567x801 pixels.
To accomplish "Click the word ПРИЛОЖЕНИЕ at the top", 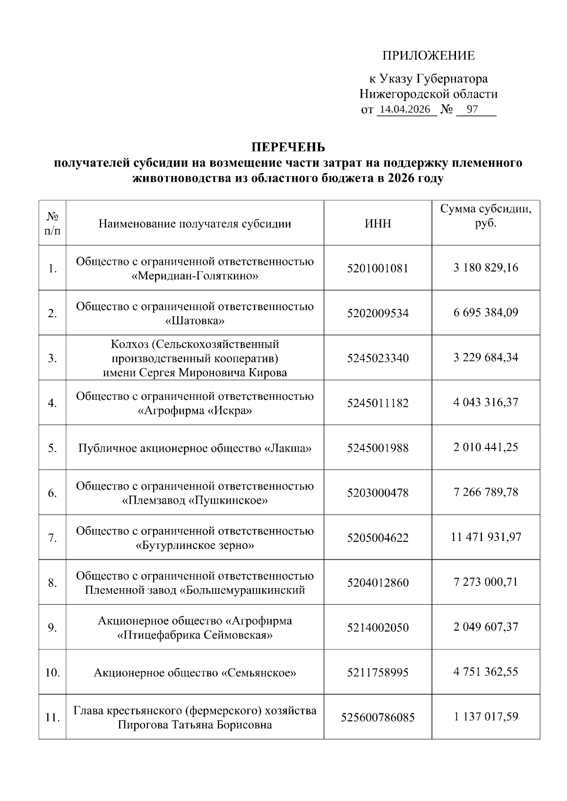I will (428, 56).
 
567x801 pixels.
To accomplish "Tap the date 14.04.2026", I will (405, 110).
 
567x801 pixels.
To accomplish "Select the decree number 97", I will (472, 110).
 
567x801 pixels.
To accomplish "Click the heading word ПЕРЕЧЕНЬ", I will (288, 147).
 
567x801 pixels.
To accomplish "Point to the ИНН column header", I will (378, 223).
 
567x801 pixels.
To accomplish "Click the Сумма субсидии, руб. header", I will (486, 216).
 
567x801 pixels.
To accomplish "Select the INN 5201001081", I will (378, 269).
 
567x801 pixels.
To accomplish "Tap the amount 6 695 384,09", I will (486, 312).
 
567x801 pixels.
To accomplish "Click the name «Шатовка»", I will (195, 321).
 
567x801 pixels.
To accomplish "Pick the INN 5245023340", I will (378, 358).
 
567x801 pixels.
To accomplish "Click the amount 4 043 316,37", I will (486, 403).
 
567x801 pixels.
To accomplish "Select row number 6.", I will (52, 493).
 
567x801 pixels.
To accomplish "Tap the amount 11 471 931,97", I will (486, 537).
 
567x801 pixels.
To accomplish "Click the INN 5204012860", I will (378, 582).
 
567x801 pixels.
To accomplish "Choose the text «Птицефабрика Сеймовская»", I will (195, 635).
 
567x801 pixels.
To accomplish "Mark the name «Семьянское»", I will (258, 673).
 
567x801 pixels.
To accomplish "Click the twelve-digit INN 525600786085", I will (378, 717).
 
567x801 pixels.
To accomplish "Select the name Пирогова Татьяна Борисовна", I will (195, 725).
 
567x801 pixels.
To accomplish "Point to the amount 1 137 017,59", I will (486, 717).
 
